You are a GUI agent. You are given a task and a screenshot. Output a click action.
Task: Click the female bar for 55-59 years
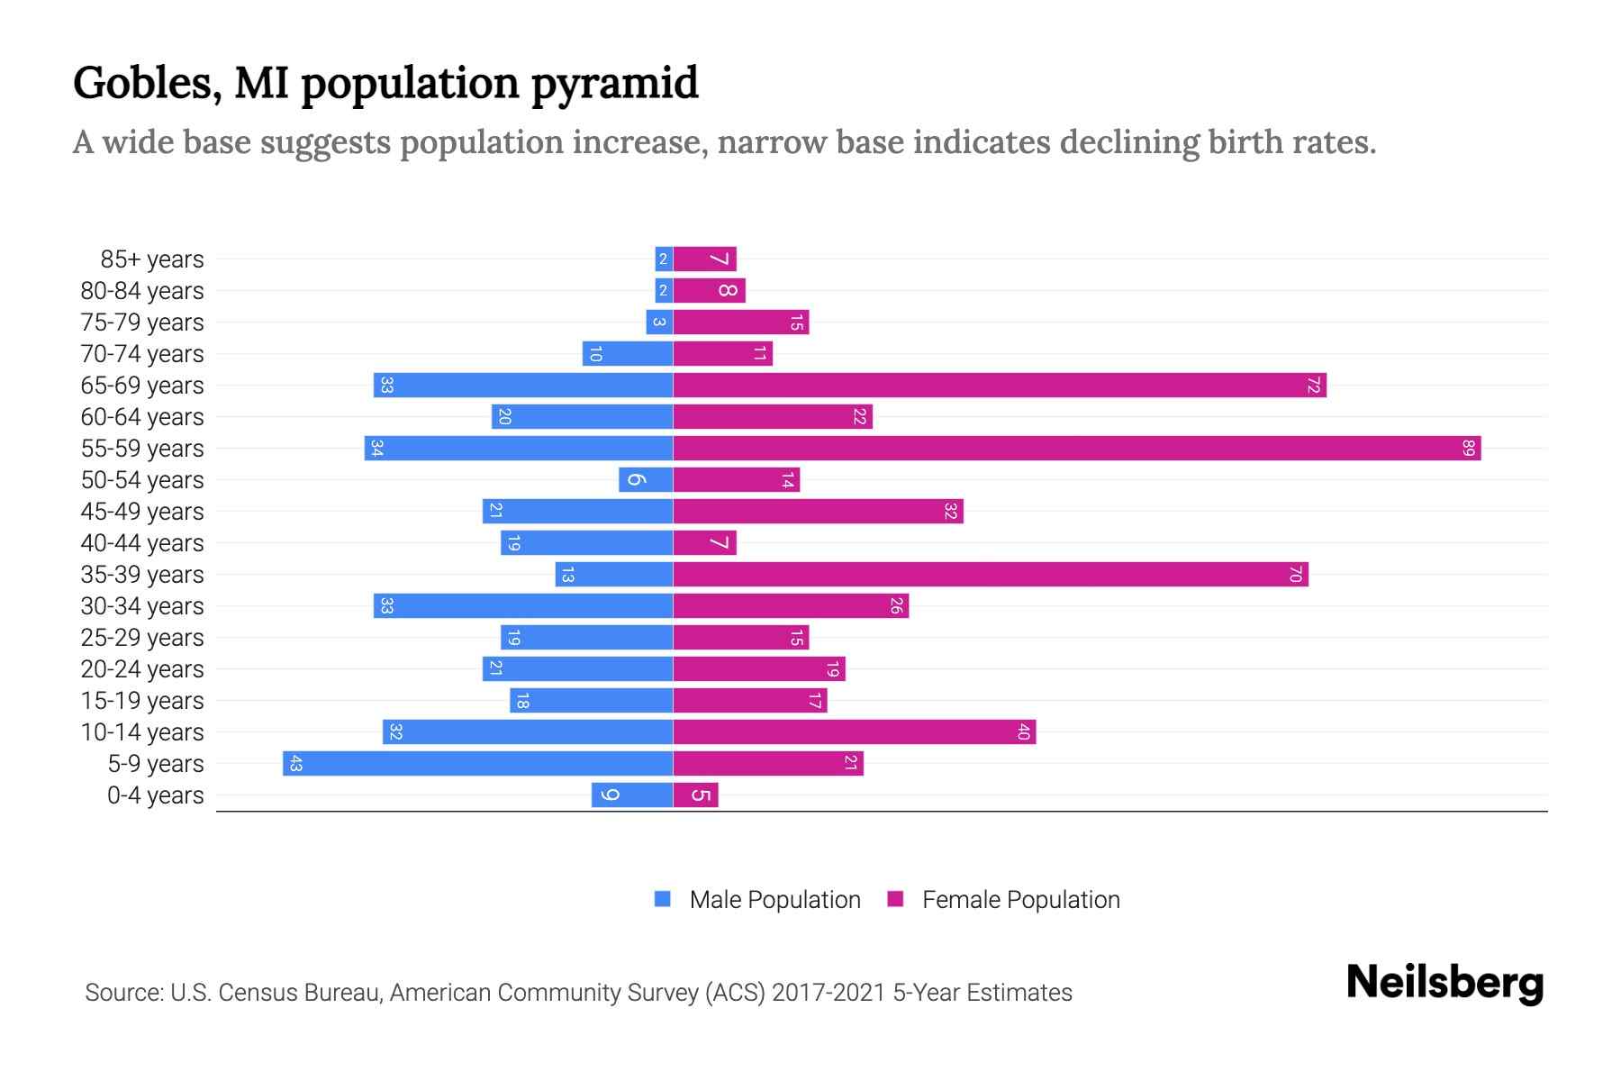(x=1076, y=448)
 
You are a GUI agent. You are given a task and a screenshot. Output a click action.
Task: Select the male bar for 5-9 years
(x=477, y=764)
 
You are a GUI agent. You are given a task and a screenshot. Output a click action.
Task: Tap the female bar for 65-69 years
(x=1000, y=386)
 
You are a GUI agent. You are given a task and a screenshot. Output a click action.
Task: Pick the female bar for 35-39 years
(x=991, y=575)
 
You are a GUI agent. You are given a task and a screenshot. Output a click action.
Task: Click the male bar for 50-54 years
(x=646, y=480)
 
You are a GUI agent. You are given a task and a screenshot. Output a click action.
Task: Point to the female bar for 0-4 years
(x=695, y=795)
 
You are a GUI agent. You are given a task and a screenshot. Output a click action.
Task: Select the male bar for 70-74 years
(x=628, y=354)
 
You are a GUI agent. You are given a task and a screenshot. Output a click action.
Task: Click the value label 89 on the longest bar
(x=1468, y=448)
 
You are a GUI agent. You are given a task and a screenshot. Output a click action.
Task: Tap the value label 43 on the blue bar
(x=295, y=764)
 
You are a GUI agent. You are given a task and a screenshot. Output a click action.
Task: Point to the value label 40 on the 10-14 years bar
(x=1023, y=732)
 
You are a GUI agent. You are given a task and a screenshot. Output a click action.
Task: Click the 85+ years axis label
(x=152, y=259)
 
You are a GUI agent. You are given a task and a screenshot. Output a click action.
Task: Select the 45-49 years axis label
(x=142, y=512)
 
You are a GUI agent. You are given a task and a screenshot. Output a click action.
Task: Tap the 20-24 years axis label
(x=142, y=669)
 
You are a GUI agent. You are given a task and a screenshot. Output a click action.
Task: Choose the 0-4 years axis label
(x=155, y=795)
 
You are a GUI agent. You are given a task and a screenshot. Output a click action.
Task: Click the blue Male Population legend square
(x=663, y=899)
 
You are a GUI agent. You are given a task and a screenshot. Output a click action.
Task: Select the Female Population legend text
(x=1020, y=900)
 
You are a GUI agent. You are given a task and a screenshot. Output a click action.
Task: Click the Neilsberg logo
(x=1444, y=983)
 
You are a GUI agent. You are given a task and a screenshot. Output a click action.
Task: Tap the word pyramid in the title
(x=614, y=84)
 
